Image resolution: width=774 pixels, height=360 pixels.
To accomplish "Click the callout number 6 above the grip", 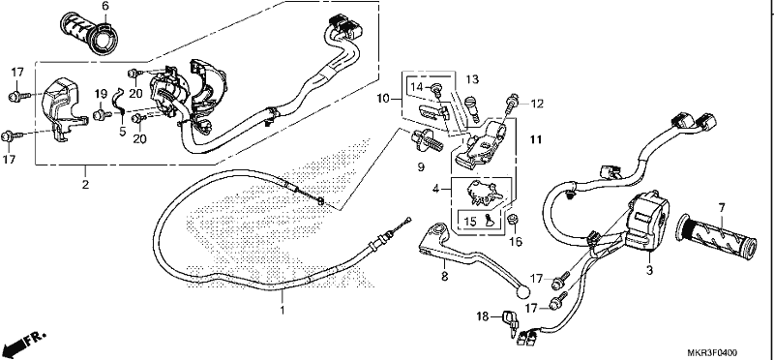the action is tap(104, 7).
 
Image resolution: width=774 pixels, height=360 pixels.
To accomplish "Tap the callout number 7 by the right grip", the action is tap(722, 208).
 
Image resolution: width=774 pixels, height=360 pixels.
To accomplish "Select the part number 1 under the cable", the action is tap(283, 311).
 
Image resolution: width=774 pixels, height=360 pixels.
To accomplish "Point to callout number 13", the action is tap(472, 79).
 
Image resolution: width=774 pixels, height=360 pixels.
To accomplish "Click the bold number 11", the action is tap(536, 140).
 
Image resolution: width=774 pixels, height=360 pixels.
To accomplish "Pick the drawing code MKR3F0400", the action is tap(712, 352).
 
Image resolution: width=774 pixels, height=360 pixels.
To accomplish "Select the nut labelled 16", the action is tap(513, 220).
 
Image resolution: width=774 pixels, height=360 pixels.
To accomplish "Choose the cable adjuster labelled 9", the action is tap(427, 138).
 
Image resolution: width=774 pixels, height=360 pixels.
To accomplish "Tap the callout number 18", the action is tap(482, 315).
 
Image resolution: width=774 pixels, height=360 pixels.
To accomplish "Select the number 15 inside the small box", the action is tap(470, 222).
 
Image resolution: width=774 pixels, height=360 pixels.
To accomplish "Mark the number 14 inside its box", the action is tap(417, 87).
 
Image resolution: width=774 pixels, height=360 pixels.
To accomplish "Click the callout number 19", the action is tap(101, 93).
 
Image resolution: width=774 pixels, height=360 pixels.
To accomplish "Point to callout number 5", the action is tap(123, 132).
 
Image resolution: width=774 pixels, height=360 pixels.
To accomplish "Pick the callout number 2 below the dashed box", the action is tap(85, 185).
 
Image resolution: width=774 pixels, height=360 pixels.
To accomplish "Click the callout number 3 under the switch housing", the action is tap(649, 270).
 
